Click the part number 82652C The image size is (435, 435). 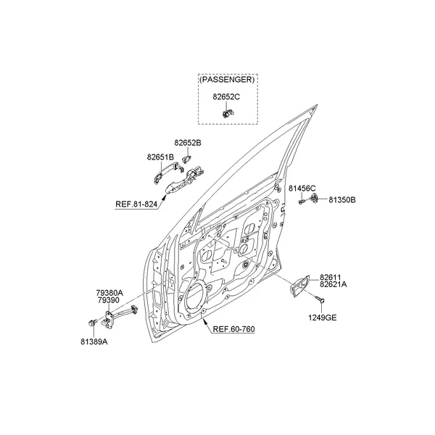226,97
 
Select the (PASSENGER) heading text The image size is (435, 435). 227,80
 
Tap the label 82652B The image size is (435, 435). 188,143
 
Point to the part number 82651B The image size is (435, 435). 160,157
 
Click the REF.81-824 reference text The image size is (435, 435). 136,204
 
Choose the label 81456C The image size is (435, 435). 302,188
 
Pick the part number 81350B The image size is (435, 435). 342,200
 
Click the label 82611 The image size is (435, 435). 330,277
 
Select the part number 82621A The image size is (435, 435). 333,284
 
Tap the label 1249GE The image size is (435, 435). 323,318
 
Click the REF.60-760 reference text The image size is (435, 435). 233,329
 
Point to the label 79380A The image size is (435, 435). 109,293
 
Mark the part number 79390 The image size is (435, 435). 109,300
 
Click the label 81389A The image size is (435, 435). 94,341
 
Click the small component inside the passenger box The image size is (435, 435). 228,113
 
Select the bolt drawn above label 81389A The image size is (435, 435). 92,323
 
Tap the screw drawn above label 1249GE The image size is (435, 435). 320,299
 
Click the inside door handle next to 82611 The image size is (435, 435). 299,286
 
